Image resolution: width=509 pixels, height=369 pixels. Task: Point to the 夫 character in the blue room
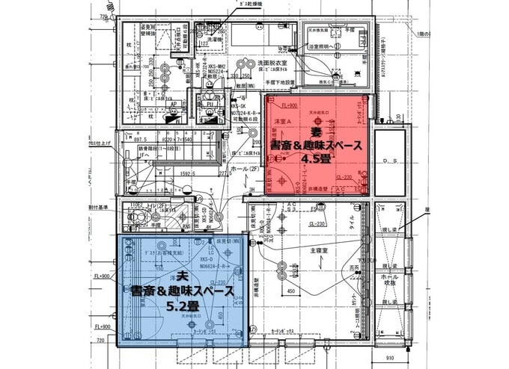tap(182, 276)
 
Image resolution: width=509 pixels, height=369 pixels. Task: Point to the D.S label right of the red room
tap(388, 160)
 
